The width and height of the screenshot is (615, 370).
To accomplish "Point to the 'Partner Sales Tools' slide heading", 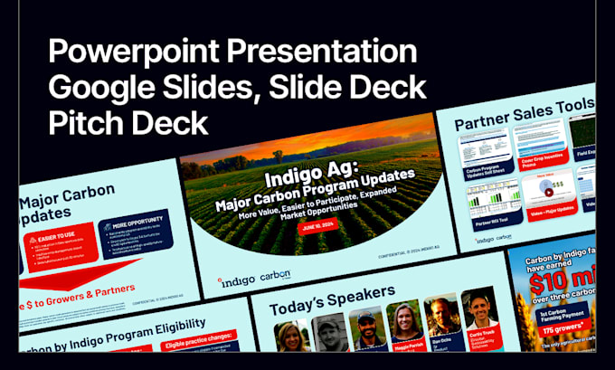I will click(x=524, y=115).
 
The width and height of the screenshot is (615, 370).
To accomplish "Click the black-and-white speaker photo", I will click(x=330, y=334).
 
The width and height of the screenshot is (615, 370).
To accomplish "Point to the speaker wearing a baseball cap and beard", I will click(x=367, y=327).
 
